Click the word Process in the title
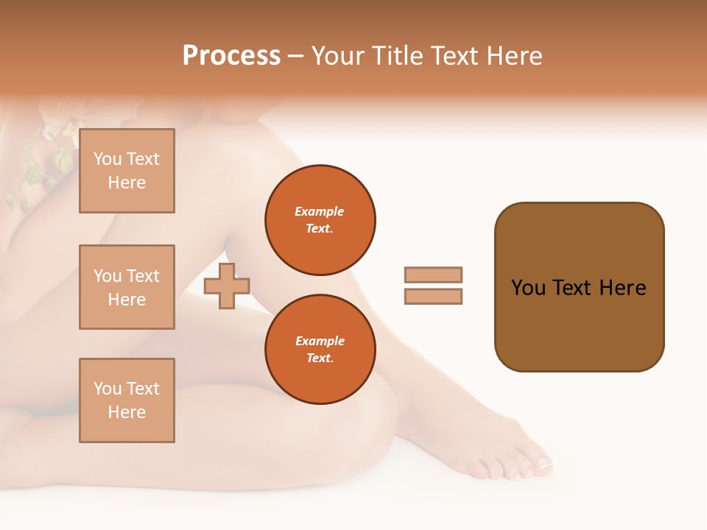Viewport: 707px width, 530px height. (x=231, y=56)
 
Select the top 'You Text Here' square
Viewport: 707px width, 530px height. (x=127, y=171)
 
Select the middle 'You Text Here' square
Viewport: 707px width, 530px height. (x=127, y=287)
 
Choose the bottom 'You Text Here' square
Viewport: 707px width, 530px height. (x=127, y=400)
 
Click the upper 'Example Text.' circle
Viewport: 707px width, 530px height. (x=320, y=220)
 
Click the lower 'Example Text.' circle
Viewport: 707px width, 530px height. (x=320, y=350)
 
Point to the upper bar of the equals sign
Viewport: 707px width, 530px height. (x=433, y=275)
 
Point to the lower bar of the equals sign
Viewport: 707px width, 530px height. (x=433, y=297)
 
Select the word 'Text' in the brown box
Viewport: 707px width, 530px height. (x=572, y=288)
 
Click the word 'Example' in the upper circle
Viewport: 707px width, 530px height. (x=320, y=211)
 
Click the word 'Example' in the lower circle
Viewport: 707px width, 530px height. (x=320, y=341)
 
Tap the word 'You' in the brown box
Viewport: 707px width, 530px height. (x=529, y=288)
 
